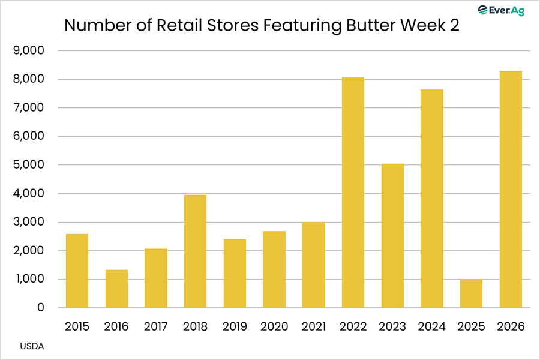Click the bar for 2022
[x=353, y=193]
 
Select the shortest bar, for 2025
[x=471, y=293]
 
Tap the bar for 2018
[x=195, y=251]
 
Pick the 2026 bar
[x=511, y=189]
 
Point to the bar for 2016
[x=116, y=289]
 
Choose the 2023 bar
[x=392, y=236]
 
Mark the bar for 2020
[x=274, y=269]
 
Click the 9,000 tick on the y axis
[x=29, y=50]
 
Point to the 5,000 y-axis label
[x=29, y=164]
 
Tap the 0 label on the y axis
[x=41, y=307]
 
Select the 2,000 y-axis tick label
[x=29, y=250]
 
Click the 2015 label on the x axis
[x=77, y=326]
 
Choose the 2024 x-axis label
[x=432, y=326]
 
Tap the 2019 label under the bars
[x=235, y=326]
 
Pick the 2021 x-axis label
[x=313, y=326]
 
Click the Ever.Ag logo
[x=501, y=10]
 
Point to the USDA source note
[x=32, y=346]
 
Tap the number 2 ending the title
[x=455, y=25]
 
